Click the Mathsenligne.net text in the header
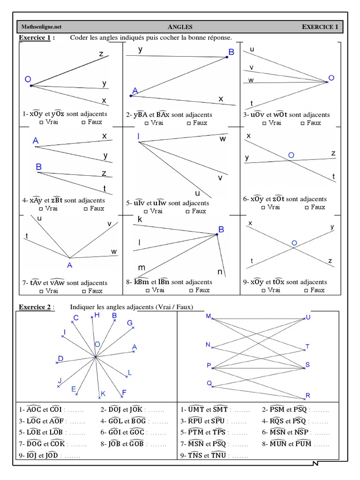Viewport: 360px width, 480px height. (x=41, y=27)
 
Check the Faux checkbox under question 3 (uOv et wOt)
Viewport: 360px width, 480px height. (x=303, y=123)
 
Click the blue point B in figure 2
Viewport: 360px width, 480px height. (x=227, y=57)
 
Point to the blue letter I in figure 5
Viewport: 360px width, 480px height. (x=139, y=136)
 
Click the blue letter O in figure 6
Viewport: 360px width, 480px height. (x=291, y=155)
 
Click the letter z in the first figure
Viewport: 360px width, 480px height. (x=101, y=54)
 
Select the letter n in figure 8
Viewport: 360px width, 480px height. (x=219, y=271)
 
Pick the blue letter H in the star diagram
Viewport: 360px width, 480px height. (x=97, y=315)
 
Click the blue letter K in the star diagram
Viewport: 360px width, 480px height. (x=103, y=394)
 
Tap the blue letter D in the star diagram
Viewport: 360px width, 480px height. (x=60, y=359)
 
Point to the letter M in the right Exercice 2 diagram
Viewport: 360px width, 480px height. (x=209, y=316)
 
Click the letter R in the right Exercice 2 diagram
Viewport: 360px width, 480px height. (x=308, y=396)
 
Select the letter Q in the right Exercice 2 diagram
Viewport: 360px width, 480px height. (x=209, y=383)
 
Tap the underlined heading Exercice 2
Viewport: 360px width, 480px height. (x=36, y=307)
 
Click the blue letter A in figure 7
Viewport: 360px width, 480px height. (x=69, y=265)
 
